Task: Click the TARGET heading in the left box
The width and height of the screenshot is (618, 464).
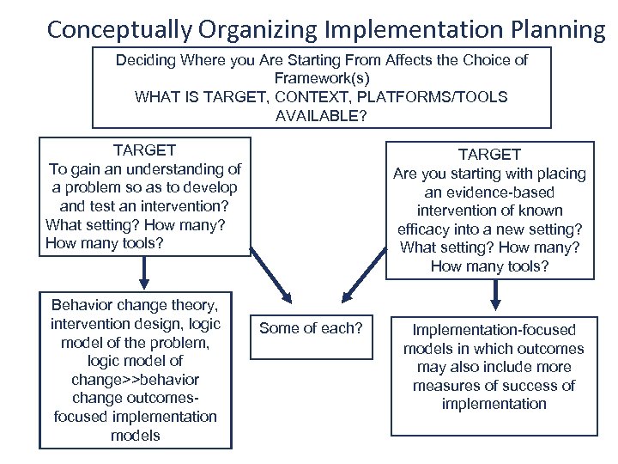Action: tap(144, 150)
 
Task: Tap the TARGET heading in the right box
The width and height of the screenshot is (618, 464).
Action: tap(489, 155)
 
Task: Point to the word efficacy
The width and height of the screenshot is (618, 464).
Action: tap(426, 229)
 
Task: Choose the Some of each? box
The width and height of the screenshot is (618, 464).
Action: tap(312, 328)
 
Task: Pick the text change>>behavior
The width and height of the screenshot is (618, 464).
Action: tap(136, 379)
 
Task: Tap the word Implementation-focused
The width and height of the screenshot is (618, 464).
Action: tap(494, 330)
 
